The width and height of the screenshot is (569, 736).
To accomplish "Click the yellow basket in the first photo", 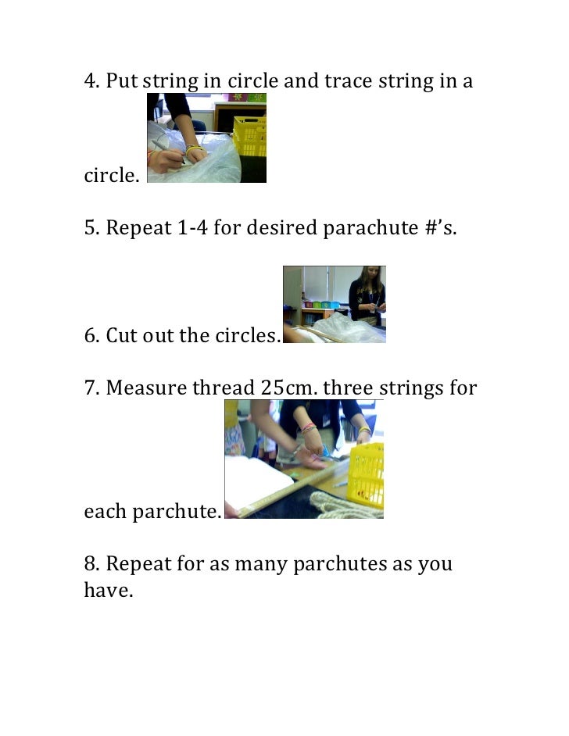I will point(250,136).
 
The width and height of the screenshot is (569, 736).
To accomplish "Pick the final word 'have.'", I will point(109,591).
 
